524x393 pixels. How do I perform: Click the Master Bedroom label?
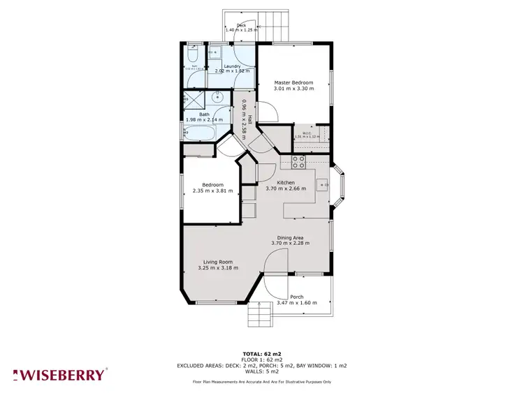pos(293,83)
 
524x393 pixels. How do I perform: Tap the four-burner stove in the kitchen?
pos(298,162)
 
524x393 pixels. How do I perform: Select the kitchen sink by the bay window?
pos(321,185)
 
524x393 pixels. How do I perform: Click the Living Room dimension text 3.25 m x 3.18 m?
pos(218,267)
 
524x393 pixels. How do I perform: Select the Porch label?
pos(297,297)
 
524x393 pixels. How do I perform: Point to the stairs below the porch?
pos(260,316)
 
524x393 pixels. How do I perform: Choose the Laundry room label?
pos(233,66)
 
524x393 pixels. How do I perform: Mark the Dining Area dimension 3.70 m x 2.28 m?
pos(293,244)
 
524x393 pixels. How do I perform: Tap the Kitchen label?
pos(286,183)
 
